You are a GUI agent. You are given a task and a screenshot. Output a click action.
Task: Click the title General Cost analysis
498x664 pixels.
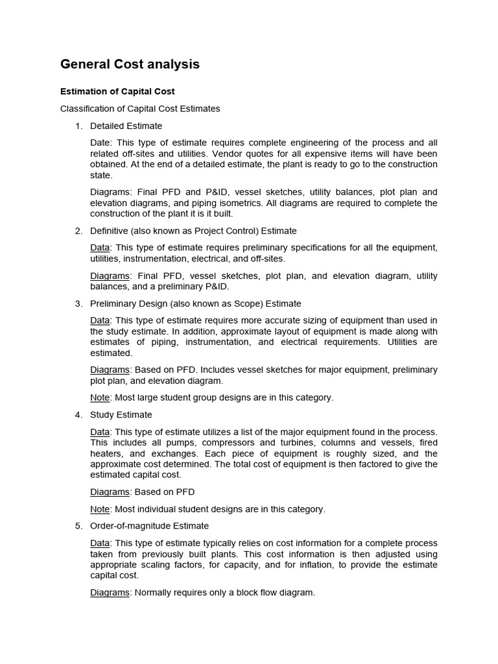(130, 64)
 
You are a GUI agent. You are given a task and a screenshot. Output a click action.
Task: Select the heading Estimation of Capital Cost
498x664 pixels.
(117, 91)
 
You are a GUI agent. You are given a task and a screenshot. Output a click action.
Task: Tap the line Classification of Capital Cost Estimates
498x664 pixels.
(140, 108)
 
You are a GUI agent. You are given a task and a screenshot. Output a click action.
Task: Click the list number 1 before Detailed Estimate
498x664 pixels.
(78, 126)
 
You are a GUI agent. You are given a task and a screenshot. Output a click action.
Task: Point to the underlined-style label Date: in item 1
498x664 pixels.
(101, 143)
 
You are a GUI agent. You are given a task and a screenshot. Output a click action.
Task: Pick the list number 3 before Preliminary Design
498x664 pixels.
(78, 303)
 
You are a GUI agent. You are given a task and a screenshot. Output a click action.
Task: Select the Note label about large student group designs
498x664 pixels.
(100, 397)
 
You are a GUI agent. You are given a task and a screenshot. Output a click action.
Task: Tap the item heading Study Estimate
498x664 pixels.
(121, 414)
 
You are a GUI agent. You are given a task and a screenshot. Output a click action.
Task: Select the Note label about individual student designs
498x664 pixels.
(100, 509)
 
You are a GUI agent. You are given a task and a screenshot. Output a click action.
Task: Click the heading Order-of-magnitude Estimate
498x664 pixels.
(149, 526)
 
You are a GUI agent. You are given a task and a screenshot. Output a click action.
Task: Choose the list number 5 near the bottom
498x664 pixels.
(78, 526)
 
